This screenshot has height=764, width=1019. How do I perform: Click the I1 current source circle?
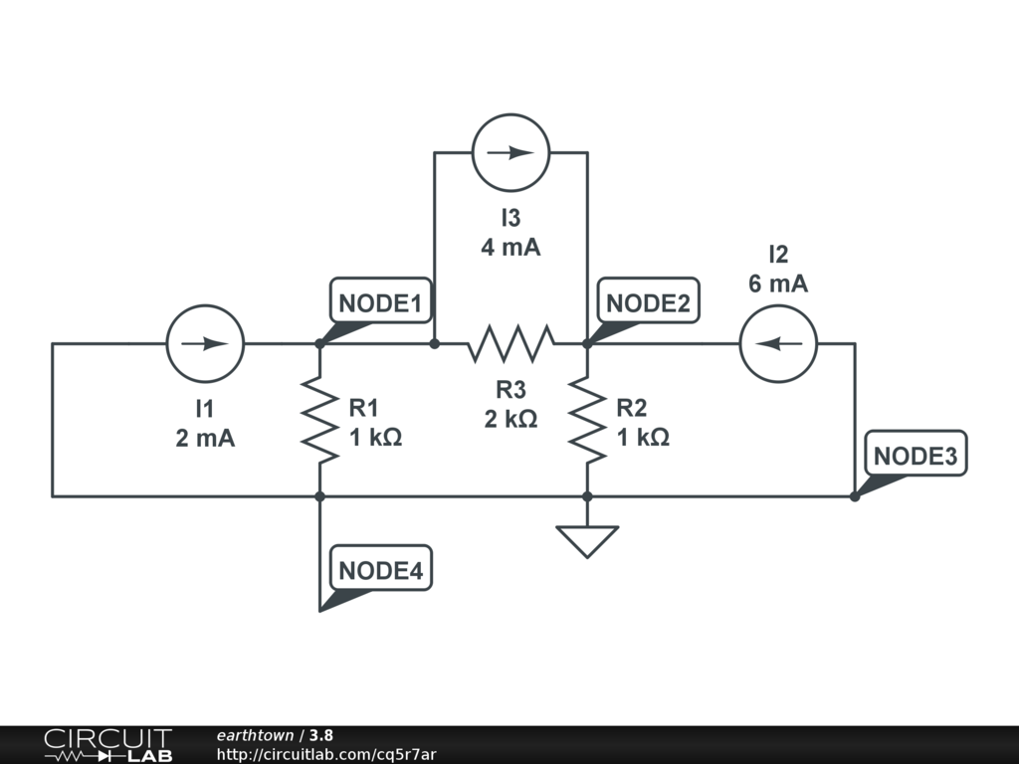[205, 343]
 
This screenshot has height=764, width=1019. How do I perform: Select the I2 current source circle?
[778, 343]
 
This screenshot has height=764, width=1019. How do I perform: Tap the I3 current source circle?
[510, 152]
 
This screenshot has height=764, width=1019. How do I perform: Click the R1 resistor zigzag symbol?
[319, 420]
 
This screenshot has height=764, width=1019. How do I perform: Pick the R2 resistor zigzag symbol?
[587, 420]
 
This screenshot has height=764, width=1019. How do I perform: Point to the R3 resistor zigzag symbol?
[510, 343]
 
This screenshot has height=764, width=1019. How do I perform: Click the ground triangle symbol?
[587, 542]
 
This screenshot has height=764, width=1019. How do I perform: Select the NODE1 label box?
[381, 300]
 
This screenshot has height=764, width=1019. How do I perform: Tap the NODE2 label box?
[648, 300]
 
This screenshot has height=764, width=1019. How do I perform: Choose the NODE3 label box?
[916, 453]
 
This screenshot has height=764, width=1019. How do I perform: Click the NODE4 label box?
[381, 568]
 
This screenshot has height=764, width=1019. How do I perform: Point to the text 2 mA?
[205, 439]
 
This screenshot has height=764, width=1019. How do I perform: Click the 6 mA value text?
[778, 284]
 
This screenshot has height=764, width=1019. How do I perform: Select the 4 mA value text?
[510, 248]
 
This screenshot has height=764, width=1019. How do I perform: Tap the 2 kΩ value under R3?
[510, 419]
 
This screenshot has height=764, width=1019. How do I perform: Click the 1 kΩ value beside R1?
[375, 438]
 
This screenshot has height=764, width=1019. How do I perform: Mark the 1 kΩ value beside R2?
[643, 438]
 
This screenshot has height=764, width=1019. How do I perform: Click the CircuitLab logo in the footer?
[107, 745]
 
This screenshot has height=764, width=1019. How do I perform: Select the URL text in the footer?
[326, 754]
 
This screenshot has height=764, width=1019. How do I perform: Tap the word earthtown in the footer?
[255, 735]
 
